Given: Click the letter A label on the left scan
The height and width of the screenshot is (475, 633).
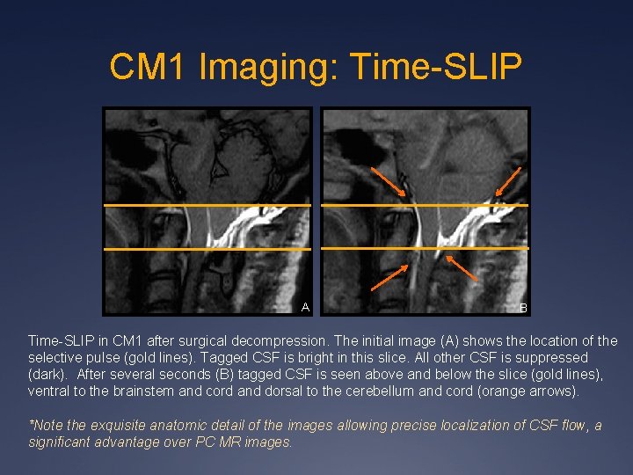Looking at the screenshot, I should [x=305, y=307].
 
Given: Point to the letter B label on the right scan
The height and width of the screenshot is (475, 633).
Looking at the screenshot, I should [x=523, y=308].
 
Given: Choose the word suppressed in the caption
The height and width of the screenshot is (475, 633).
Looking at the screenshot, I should [x=557, y=357].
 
